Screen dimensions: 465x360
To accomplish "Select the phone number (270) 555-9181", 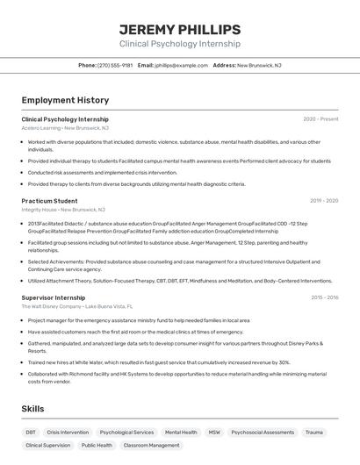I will [115, 65].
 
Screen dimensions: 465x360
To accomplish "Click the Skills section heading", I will [33, 409].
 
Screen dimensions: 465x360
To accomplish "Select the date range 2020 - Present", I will [320, 119].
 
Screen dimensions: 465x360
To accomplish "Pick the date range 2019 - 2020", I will [323, 201].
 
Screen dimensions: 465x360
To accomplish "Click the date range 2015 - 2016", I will [324, 297].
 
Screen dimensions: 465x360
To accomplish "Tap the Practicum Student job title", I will [49, 201].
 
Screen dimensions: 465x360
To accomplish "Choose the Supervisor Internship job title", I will [54, 297].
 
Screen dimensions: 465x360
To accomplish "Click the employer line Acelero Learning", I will [65, 128].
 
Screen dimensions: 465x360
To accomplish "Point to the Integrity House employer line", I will [63, 210].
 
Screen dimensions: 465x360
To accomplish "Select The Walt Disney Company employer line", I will [77, 306].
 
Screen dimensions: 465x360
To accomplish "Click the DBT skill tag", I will [31, 433].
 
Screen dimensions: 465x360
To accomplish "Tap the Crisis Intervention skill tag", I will [68, 433].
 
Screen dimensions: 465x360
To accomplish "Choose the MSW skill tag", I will [214, 433].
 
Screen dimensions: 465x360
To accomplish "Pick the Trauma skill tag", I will [313, 433].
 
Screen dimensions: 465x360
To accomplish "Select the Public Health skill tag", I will [97, 446].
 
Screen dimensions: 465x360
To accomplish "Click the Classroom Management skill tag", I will [151, 446].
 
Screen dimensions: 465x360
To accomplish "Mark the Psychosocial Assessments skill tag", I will [263, 433].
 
